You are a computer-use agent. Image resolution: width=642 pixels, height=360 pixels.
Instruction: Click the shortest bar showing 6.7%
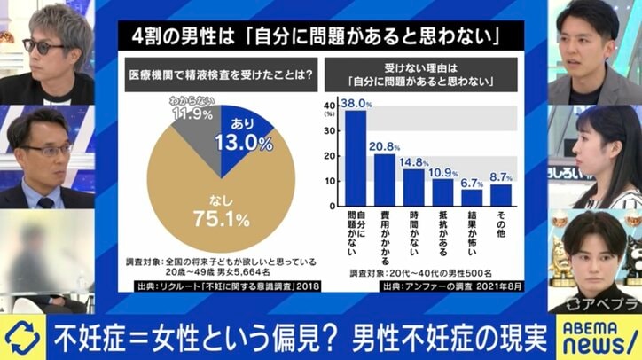coord(472,196)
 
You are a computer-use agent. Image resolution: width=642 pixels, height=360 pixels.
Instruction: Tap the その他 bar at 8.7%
coord(501,193)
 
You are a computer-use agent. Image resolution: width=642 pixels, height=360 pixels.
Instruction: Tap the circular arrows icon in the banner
coord(20,338)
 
